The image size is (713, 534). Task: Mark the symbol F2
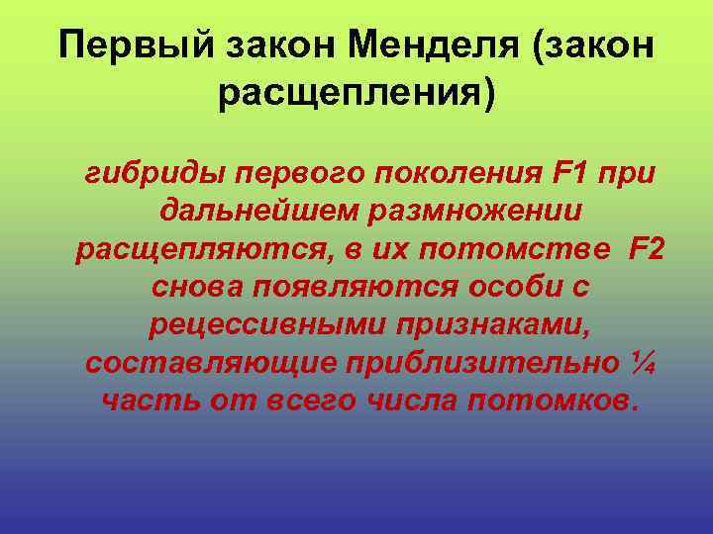click(x=645, y=249)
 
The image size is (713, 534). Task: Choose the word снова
click(x=200, y=287)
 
